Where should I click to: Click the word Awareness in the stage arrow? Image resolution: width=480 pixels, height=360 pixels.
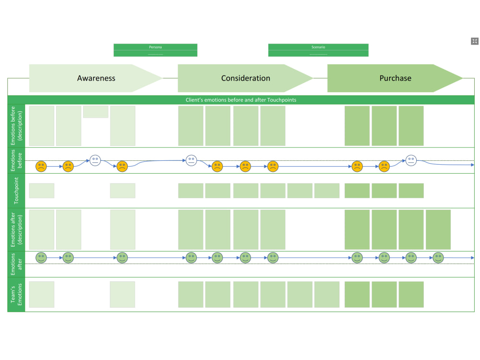pos(96,78)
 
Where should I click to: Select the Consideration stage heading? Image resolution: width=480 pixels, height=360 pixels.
pos(245,78)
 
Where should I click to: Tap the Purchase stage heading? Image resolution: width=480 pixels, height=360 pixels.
pos(395,78)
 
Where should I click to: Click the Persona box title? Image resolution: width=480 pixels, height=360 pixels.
pos(155,47)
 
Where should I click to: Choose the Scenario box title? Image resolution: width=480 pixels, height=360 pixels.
pos(318,47)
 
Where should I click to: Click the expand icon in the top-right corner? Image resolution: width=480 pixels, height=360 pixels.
pos(475,41)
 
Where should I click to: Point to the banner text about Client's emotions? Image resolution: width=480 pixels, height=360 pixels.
pos(241,100)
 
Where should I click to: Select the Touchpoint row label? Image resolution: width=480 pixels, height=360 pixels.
pos(16,191)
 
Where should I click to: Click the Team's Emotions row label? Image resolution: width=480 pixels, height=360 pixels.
pos(16,294)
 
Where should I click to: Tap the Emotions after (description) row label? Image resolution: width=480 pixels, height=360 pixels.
pos(16,229)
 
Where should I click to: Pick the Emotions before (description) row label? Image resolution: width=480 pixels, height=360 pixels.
pos(16,126)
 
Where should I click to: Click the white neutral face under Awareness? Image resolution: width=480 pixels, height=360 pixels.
pos(95,160)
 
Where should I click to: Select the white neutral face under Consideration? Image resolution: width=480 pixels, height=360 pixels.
pos(192,160)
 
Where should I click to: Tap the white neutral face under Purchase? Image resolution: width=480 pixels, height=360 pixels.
pos(411,160)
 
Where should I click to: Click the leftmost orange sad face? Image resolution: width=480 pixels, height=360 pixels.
pos(41,167)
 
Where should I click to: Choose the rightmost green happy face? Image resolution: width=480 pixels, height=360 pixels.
pos(438,258)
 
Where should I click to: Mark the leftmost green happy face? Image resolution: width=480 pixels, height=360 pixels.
pos(41,258)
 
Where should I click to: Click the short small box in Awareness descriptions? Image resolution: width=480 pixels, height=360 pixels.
pos(96,112)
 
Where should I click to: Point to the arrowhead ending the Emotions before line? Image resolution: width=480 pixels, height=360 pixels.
pos(472,165)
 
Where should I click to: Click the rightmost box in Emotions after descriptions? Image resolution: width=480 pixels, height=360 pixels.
pos(438,229)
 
